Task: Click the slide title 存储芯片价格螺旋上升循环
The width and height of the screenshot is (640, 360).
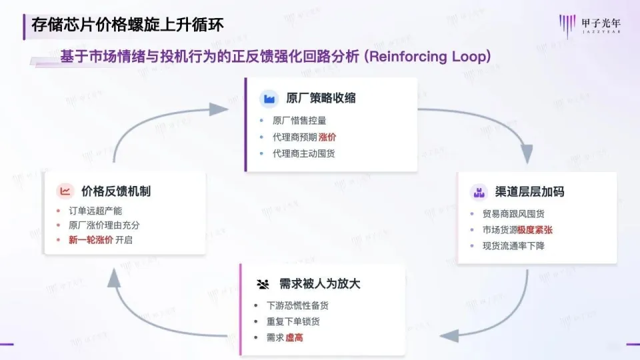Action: tap(127, 25)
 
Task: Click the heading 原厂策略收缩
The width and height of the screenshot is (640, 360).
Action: tap(321, 99)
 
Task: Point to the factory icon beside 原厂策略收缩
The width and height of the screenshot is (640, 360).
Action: tap(269, 99)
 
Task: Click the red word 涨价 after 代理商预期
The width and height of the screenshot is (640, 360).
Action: tap(327, 137)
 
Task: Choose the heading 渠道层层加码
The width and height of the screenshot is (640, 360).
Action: tap(530, 192)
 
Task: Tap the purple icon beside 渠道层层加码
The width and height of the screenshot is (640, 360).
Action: tap(478, 192)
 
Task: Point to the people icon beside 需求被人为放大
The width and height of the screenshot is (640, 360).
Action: tap(263, 284)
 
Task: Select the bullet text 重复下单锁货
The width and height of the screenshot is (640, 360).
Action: tap(293, 322)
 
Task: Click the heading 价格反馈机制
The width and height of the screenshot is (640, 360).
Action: tap(115, 191)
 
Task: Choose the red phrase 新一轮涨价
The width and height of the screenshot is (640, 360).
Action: tap(91, 240)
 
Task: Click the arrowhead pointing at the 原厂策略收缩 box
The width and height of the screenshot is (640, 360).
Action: tap(219, 109)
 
